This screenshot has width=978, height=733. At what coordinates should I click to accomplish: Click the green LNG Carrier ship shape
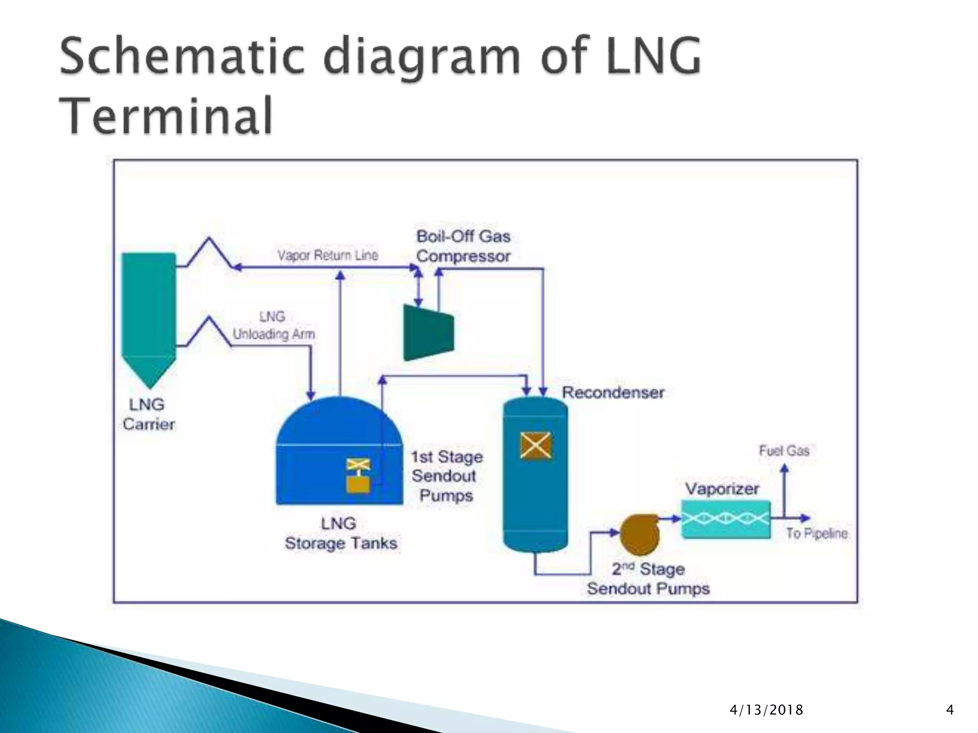[x=149, y=315]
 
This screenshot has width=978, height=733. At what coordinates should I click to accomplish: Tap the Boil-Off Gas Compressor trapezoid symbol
[x=427, y=333]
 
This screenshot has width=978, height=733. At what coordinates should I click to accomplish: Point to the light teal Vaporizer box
[x=725, y=519]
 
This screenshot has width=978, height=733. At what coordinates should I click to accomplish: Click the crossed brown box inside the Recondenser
[x=535, y=446]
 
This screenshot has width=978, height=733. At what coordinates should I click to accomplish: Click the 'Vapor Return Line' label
[x=328, y=255]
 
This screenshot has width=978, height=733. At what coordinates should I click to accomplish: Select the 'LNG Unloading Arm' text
[x=273, y=325]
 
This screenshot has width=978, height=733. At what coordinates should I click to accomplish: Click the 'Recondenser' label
[x=613, y=393]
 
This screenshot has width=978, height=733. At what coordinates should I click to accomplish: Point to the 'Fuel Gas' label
[x=784, y=450]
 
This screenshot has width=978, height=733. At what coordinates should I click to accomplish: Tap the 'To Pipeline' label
[x=817, y=534]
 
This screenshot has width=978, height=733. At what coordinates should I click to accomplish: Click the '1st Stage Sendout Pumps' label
[x=446, y=476]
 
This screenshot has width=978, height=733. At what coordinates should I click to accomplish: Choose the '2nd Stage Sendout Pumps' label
[x=648, y=579]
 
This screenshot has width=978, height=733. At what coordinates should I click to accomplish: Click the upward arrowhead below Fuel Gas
[x=784, y=470]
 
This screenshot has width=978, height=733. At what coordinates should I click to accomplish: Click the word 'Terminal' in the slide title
[x=166, y=115]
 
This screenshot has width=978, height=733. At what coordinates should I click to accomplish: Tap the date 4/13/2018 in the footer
[x=766, y=710]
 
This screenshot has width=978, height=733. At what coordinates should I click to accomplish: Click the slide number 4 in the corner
[x=949, y=710]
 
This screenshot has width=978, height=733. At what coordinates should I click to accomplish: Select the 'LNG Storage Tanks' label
[x=340, y=534]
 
